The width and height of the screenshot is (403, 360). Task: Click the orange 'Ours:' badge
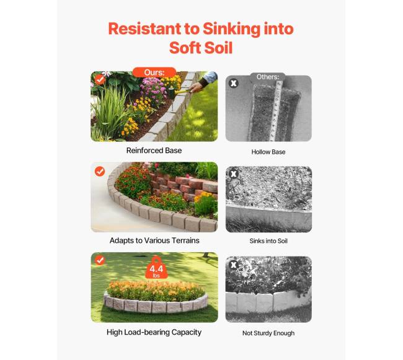click(154, 72)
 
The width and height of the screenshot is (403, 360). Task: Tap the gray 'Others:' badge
click(268, 77)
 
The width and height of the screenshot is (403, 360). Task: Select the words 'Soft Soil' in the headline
click(201, 48)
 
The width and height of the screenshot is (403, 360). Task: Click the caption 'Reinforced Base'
click(154, 151)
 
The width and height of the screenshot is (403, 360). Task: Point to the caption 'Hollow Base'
click(268, 152)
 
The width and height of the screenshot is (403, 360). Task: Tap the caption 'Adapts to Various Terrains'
click(154, 240)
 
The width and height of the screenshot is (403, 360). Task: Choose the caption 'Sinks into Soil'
click(268, 241)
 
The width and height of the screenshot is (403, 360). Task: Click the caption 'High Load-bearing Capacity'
click(154, 332)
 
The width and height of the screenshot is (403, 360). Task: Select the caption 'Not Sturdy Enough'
click(268, 333)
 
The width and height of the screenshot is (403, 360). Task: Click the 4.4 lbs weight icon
click(156, 268)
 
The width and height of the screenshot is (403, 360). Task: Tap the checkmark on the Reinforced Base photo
click(100, 79)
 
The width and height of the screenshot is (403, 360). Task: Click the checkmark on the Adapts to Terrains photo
click(100, 171)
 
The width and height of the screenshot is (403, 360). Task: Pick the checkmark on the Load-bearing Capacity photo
click(100, 260)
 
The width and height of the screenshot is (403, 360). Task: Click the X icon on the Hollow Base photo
click(233, 83)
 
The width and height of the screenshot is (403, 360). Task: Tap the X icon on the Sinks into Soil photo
click(233, 174)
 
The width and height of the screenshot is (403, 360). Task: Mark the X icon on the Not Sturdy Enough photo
click(233, 265)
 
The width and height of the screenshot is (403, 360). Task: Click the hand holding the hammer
click(197, 87)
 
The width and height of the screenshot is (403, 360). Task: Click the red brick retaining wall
click(184, 185)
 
